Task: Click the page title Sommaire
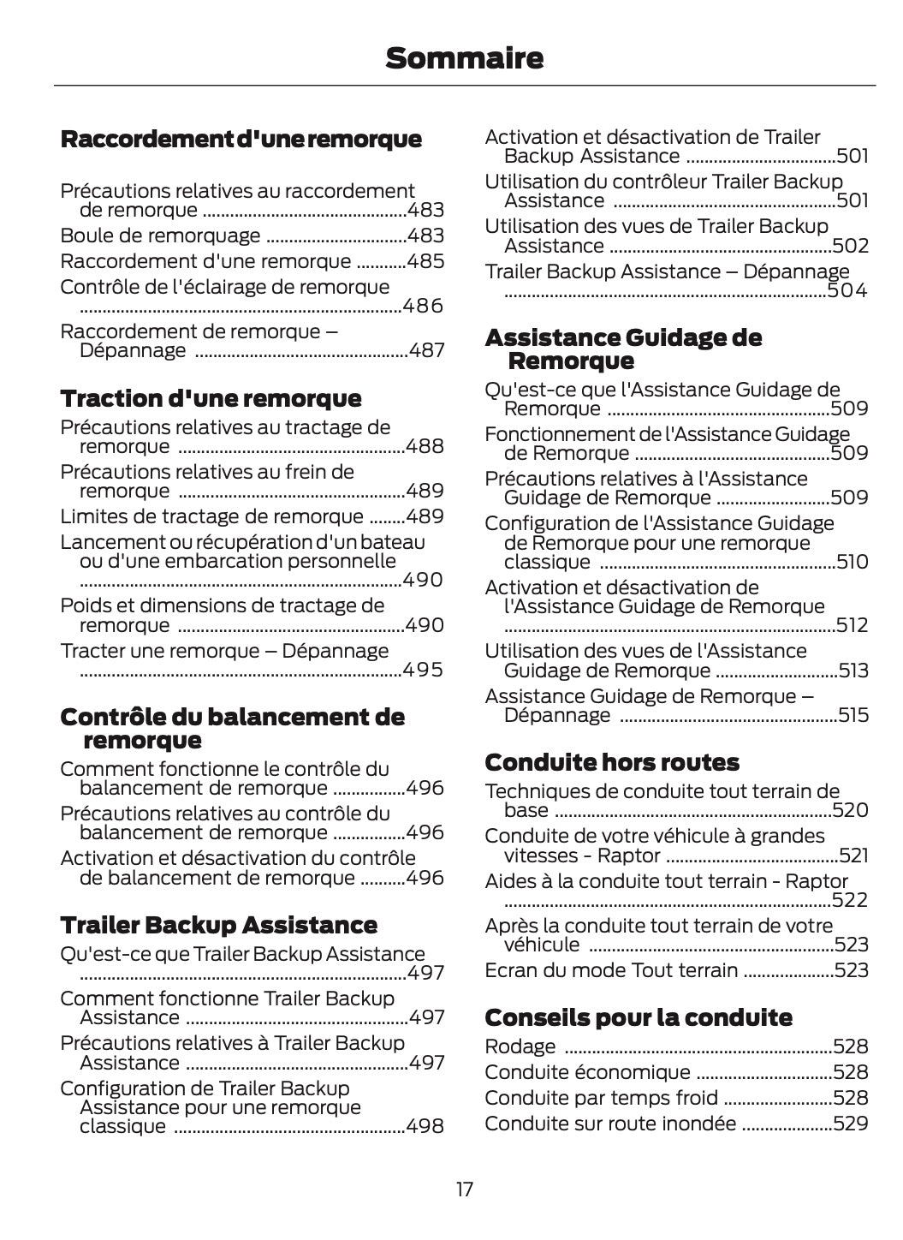tap(464, 58)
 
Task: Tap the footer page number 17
tap(464, 1189)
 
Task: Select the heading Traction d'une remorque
tap(211, 398)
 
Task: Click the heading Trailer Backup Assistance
tap(218, 925)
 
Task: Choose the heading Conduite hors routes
tap(611, 762)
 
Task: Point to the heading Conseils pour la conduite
tap(638, 1017)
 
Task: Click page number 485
tap(425, 261)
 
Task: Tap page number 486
tap(423, 306)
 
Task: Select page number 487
tap(426, 350)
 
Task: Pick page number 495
tap(423, 669)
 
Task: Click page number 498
tap(425, 1126)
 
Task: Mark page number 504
tap(847, 291)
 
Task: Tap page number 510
tap(852, 562)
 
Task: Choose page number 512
tap(852, 625)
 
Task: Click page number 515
tap(853, 715)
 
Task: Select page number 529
tap(850, 1124)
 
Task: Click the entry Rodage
tap(520, 1046)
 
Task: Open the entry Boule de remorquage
tap(160, 235)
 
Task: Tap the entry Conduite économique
tap(587, 1072)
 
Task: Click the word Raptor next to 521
tap(629, 855)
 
